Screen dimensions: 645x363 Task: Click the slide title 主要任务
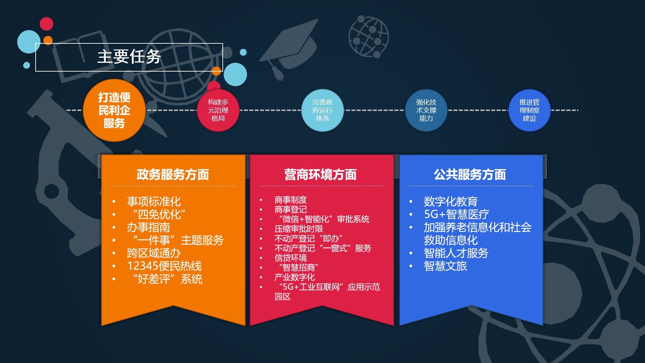[129, 56]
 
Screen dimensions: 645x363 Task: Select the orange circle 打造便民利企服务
[114, 110]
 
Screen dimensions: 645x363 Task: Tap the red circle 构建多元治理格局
[218, 110]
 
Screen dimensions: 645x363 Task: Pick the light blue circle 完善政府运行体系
[322, 110]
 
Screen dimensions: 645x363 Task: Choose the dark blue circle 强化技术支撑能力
[426, 110]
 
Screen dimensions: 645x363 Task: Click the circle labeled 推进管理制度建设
[529, 110]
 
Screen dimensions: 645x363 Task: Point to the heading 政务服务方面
[173, 175]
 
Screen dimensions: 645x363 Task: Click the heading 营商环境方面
[320, 175]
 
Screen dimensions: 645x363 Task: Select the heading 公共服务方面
[470, 175]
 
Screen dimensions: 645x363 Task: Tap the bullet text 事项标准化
[154, 202]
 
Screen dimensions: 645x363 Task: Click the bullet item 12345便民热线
[164, 266]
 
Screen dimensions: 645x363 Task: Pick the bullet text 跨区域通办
[154, 253]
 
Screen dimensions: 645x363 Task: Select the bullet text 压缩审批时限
[299, 229]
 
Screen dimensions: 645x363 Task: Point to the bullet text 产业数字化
[295, 277]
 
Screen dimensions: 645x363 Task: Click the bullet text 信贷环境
[291, 258]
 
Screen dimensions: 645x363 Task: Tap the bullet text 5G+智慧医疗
[457, 214]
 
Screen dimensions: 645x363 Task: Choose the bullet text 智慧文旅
[445, 266]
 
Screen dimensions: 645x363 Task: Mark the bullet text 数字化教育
[451, 202]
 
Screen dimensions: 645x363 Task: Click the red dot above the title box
[46, 24]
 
